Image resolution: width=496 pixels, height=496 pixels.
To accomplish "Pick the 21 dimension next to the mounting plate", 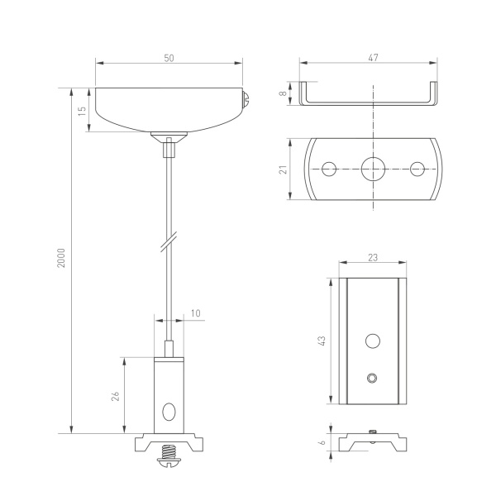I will point(283,169).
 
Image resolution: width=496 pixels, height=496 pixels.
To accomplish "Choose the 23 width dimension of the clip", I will point(372,259).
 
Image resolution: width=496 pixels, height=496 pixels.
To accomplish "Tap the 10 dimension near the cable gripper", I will point(195,312).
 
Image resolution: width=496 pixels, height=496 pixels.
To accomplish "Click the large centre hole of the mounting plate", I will point(374,169).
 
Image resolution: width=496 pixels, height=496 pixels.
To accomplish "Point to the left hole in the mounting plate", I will point(330,169).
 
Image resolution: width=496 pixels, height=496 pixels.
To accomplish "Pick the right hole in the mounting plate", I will point(417,169).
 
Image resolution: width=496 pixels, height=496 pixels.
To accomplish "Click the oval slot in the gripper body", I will point(169,410).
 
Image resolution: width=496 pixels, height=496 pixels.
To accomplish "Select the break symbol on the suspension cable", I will point(169,243).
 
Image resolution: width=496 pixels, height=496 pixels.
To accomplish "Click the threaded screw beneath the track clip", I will point(170,454).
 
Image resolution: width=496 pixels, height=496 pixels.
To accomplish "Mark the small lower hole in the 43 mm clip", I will point(373,378).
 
